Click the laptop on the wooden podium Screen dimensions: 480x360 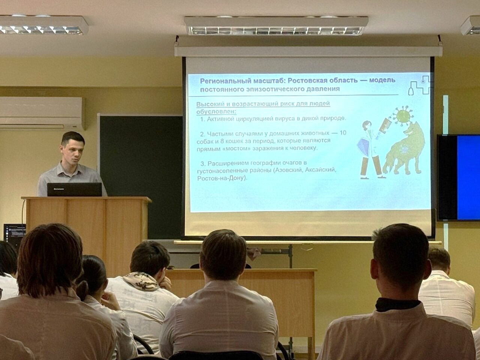coord(75,189)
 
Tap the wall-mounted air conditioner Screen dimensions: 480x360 coord(42,114)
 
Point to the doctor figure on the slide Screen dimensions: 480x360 coord(370,150)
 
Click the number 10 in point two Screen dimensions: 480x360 coord(343,133)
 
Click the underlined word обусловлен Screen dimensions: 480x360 coord(216,112)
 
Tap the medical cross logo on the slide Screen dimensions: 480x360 coord(419,85)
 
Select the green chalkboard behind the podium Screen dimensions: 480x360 coord(140,175)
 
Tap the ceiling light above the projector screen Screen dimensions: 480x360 coord(276,26)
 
